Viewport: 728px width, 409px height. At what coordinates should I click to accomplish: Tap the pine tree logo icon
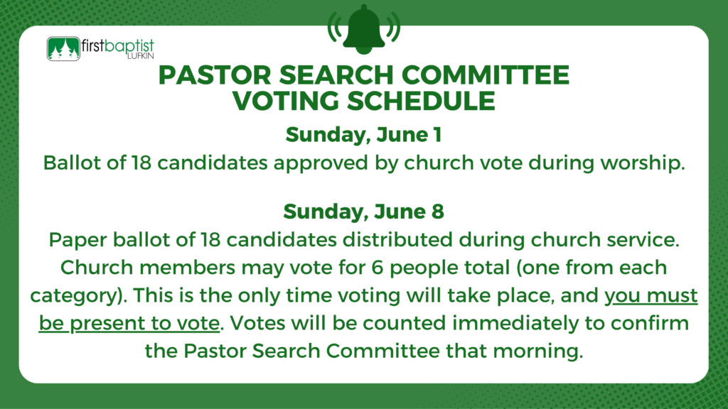pyautogui.click(x=63, y=49)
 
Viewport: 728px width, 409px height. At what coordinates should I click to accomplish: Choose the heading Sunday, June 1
pyautogui.click(x=363, y=135)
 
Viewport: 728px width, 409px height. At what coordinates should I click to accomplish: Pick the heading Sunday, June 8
pyautogui.click(x=363, y=212)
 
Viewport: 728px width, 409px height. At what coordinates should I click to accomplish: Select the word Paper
pyautogui.click(x=77, y=241)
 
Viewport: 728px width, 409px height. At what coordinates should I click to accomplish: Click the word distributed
pyautogui.click(x=397, y=239)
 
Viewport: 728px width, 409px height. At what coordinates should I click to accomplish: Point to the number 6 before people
pyautogui.click(x=377, y=268)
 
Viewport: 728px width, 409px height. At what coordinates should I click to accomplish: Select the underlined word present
pyautogui.click(x=113, y=324)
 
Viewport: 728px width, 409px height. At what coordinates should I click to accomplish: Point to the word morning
pyautogui.click(x=537, y=351)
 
